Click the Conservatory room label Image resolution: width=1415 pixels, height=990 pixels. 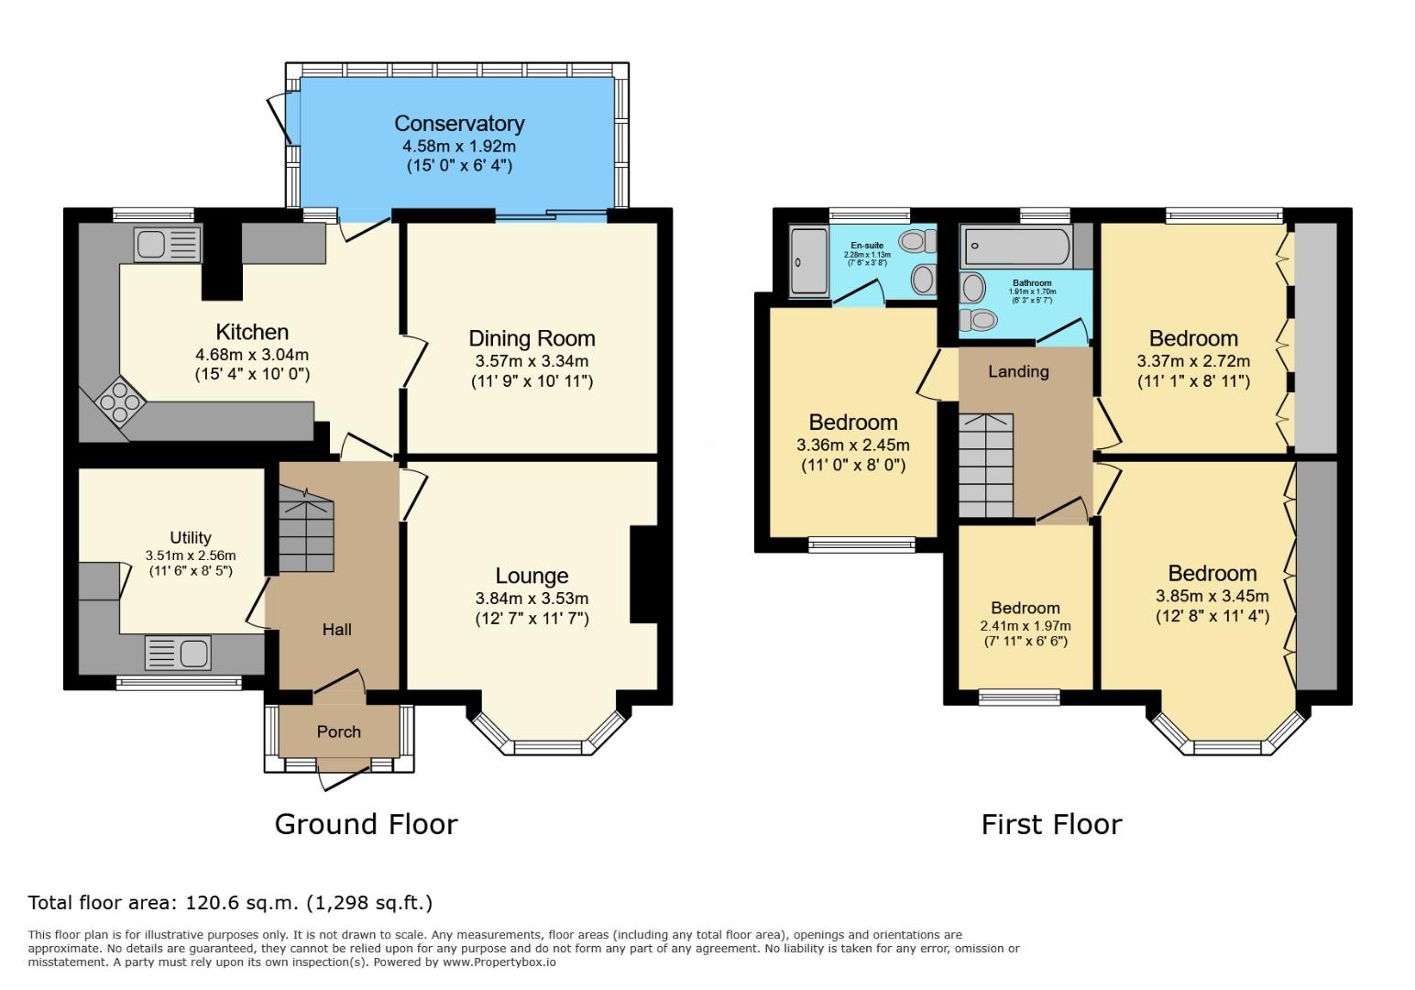[x=459, y=123]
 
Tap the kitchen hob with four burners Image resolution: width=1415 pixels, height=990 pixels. [x=120, y=401]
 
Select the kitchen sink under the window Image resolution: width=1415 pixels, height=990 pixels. [x=168, y=244]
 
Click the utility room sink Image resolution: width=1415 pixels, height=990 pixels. [x=178, y=653]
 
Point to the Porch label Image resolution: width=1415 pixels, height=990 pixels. [x=338, y=731]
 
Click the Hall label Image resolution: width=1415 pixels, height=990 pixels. [x=336, y=629]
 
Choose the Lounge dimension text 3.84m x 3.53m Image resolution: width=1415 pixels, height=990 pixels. [x=532, y=598]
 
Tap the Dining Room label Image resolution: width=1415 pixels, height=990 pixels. [x=532, y=338]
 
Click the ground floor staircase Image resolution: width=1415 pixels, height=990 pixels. [x=306, y=530]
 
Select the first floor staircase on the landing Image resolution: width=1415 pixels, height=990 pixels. [x=986, y=466]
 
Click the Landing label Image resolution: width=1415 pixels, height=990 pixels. [x=1018, y=371]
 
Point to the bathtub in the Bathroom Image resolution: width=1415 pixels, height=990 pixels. [x=1016, y=246]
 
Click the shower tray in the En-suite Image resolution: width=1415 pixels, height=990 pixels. [x=808, y=262]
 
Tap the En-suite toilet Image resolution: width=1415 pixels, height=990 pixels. [x=918, y=241]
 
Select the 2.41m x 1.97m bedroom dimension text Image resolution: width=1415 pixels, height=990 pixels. [x=1026, y=626]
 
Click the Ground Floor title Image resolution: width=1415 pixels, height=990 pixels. [x=366, y=824]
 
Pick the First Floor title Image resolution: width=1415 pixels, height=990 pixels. [x=1052, y=824]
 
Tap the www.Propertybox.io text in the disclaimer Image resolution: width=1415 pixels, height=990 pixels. [x=499, y=962]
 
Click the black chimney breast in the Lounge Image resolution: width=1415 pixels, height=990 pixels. [x=644, y=575]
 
